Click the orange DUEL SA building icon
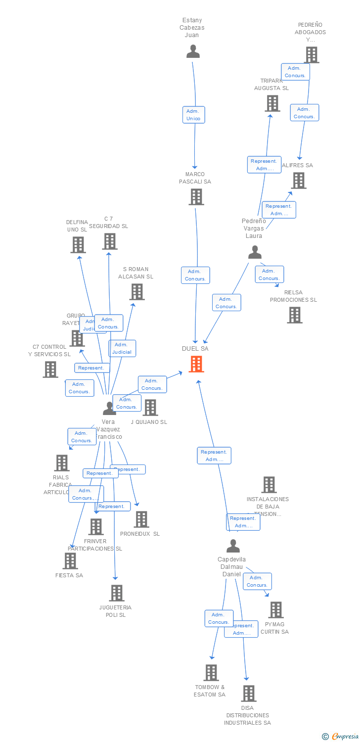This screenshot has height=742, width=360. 196,364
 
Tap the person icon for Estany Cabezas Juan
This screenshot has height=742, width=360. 193,51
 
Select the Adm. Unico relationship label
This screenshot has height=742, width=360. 193,115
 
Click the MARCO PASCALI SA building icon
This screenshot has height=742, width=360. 196,197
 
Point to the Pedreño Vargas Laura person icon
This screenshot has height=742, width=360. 255,252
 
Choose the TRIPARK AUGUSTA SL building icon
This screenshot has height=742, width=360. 272,103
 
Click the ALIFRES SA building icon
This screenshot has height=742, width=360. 298,181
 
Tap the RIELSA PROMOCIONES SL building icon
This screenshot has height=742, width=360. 294,315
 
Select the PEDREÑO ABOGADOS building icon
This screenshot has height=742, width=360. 311,55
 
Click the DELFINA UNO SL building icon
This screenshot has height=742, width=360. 78,245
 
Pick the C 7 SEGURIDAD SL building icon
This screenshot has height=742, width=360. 109,241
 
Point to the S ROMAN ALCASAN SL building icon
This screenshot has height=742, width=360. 137,292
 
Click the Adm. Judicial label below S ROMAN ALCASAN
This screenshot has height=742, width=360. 122,348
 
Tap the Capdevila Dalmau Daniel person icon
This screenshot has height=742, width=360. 233,546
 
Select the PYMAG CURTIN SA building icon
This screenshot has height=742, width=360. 276,610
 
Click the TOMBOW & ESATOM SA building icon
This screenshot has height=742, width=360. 211,673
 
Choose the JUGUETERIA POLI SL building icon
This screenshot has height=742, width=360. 116,593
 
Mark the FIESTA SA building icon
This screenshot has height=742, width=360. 70,561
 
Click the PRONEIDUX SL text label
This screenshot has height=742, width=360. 140,534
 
